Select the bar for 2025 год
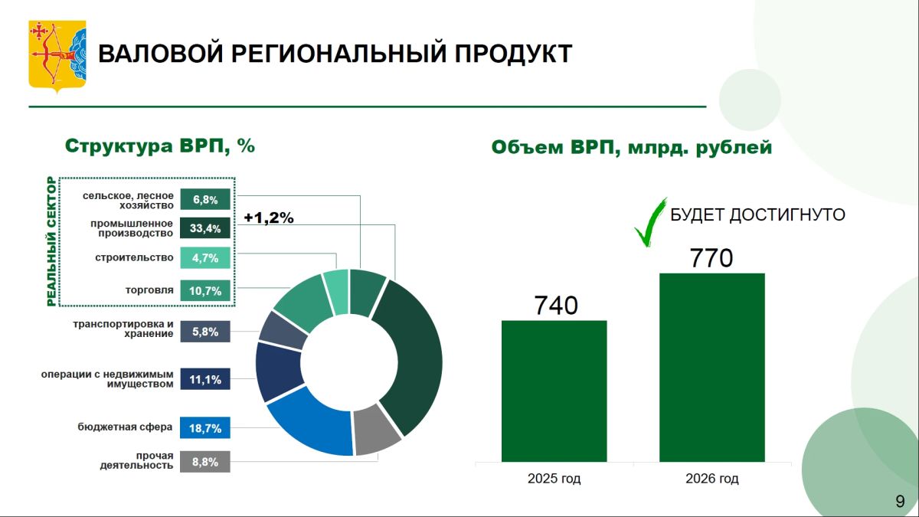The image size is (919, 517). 554,391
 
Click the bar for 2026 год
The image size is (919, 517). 711,367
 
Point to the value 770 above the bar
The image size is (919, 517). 711,257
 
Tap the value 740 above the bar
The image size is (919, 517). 556,306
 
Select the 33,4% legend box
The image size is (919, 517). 205,228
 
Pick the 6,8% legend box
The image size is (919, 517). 205,199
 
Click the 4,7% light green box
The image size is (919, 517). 205,257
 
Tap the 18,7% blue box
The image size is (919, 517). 205,428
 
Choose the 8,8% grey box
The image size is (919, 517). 205,462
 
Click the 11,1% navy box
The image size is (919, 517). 205,379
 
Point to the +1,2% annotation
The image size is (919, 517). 269,218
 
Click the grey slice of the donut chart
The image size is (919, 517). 375,429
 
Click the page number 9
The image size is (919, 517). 900,502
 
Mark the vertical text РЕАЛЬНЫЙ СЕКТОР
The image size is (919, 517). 51,241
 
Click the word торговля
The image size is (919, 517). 149,290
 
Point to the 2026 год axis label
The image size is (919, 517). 711,479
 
